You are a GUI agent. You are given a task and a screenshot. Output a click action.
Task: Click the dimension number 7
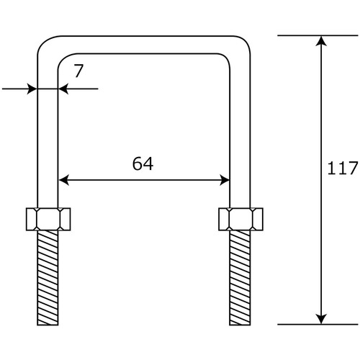click(x=78, y=71)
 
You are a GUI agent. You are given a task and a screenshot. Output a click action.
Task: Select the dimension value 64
click(x=143, y=163)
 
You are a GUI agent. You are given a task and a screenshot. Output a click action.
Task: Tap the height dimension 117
click(x=343, y=168)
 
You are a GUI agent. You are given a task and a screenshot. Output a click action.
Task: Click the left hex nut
click(x=48, y=219)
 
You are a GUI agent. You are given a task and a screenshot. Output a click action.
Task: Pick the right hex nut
click(x=240, y=219)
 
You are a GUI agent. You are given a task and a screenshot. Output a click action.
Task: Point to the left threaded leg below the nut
click(x=48, y=278)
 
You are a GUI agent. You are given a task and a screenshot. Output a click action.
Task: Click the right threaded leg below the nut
click(x=240, y=278)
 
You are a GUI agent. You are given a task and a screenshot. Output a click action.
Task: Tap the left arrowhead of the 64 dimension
click(x=64, y=180)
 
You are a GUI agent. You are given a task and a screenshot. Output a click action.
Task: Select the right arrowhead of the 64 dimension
click(x=225, y=180)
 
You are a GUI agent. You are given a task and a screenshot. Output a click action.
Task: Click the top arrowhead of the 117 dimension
click(x=321, y=41)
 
